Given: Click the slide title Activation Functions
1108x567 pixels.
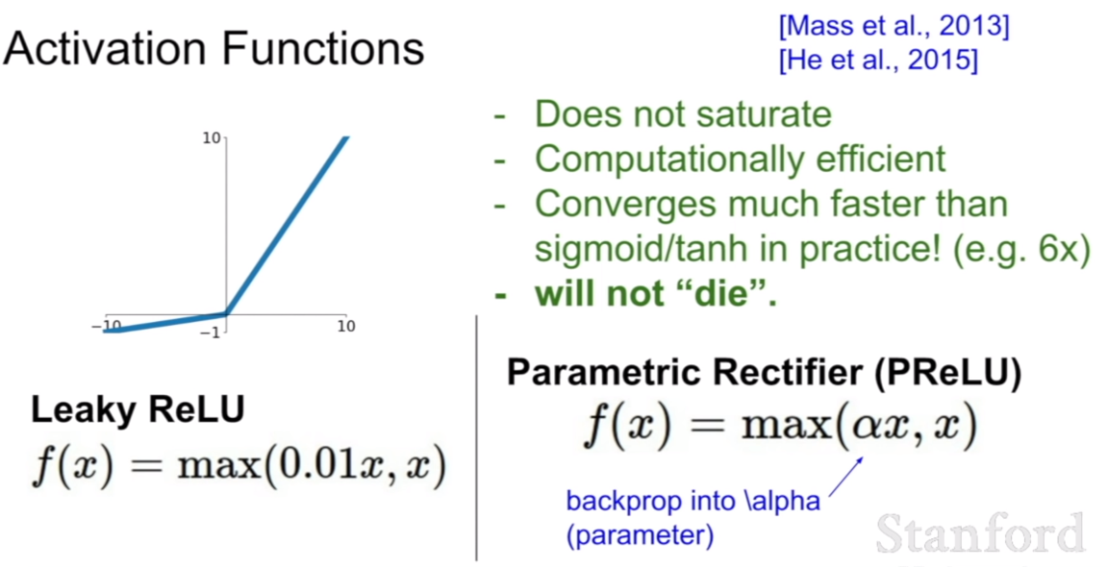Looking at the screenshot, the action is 214,49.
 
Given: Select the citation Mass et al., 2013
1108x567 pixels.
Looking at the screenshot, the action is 894,27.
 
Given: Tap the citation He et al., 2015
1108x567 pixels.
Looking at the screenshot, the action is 877,61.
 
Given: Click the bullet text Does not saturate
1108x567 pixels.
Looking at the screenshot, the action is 683,113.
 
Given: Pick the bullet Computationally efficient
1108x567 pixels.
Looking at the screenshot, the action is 740,160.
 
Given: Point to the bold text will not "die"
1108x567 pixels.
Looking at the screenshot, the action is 655,294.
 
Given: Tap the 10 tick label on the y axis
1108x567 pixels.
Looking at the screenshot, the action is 212,137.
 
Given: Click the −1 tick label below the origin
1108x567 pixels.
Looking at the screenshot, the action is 210,333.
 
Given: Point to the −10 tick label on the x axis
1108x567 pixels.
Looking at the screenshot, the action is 107,326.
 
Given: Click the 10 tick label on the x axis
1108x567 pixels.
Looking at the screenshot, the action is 346,326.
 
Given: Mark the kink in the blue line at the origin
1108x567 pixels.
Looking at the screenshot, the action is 225,313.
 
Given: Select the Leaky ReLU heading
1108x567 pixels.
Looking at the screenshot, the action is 138,409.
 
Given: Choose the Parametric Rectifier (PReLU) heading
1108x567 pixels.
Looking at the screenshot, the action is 764,374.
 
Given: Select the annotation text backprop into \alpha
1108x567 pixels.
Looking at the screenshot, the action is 693,502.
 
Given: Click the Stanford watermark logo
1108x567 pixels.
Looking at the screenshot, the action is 981,533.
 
